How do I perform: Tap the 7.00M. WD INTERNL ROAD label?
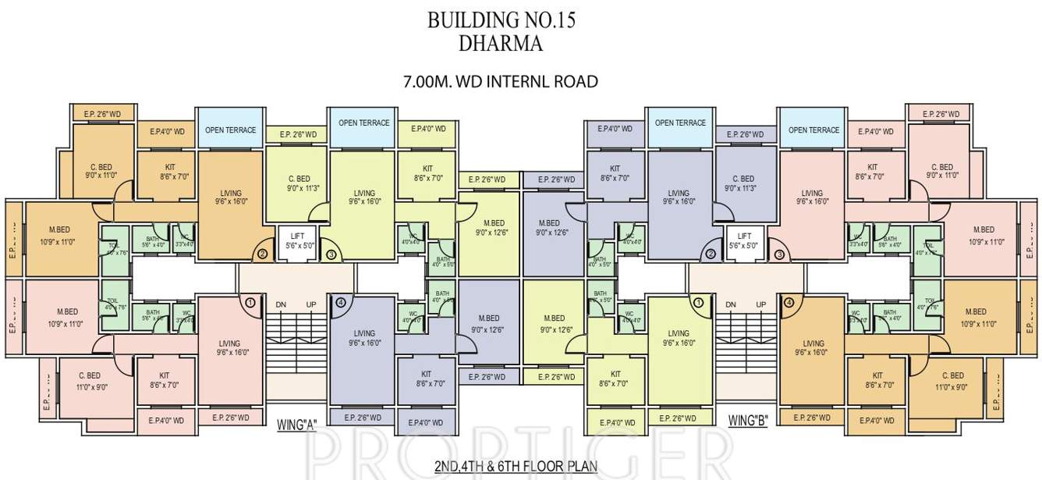[500, 81]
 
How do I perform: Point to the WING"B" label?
[748, 421]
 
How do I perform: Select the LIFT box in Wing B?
[744, 240]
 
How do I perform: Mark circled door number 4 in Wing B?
[789, 303]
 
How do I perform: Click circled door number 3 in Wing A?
[331, 254]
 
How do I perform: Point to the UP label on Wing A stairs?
[311, 304]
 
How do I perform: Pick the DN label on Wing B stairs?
[731, 304]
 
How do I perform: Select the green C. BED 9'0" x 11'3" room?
[298, 183]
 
